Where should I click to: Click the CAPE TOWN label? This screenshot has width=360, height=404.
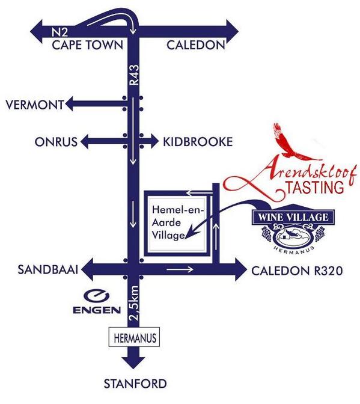[88, 45]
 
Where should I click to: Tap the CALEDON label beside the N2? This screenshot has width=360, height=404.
[195, 45]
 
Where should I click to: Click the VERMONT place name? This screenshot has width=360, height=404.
[34, 105]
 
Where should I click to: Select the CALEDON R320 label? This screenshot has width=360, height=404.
[293, 271]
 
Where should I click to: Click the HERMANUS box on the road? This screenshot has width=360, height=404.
[132, 338]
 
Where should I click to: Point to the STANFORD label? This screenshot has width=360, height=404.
[134, 383]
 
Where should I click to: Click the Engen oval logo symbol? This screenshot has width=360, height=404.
[96, 296]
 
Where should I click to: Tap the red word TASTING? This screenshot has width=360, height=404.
[312, 188]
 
